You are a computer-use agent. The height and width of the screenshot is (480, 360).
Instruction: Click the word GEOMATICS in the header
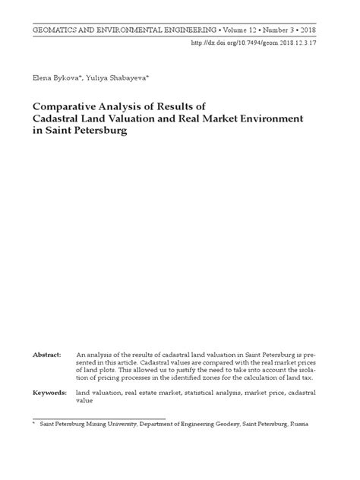point(55,27)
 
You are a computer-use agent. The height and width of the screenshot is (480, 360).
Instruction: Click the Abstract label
point(46,355)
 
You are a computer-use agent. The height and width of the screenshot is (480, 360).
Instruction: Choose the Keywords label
point(48,393)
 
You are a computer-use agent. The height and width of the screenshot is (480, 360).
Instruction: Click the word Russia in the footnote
point(298,425)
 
